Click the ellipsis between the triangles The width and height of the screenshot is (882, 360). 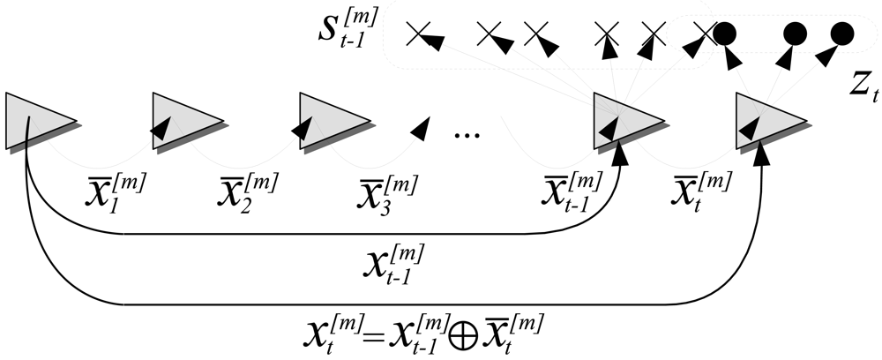[x=466, y=134]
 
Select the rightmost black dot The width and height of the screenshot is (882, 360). [x=842, y=34]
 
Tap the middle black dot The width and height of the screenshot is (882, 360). [x=795, y=34]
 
